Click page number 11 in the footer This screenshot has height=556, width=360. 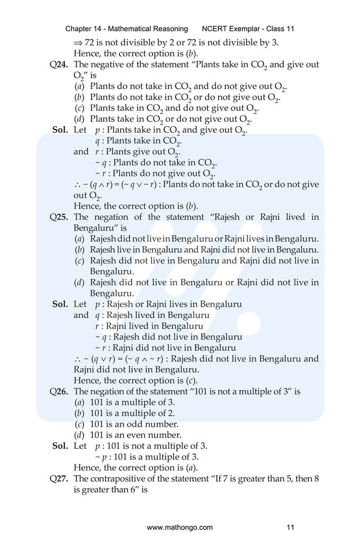click(290, 527)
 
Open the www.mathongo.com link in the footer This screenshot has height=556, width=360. click(180, 527)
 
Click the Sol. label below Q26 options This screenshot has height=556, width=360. click(60, 446)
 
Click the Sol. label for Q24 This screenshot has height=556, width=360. click(60, 130)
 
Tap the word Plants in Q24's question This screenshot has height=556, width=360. click(218, 64)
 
